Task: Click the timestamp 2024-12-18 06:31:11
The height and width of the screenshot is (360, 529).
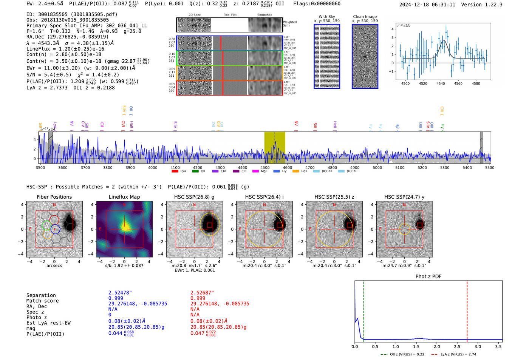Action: tap(427, 5)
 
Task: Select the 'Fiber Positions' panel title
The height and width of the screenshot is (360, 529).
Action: tap(54, 197)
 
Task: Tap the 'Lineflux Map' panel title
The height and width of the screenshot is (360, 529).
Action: tap(124, 197)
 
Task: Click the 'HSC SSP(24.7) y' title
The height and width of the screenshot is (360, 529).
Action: tap(404, 197)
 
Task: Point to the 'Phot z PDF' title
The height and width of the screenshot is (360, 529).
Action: tap(428, 277)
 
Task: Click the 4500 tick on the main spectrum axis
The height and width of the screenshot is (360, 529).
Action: tap(265, 167)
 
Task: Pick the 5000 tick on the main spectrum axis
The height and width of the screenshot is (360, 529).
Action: tap(377, 167)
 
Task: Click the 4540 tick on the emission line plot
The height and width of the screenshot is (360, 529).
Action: tap(441, 83)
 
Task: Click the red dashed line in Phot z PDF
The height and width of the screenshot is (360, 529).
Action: tap(467, 310)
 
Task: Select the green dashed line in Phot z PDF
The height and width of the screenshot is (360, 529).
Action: tap(363, 310)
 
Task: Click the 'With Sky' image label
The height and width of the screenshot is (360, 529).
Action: tap(327, 17)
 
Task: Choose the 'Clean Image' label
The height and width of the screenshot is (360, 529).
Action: tap(365, 17)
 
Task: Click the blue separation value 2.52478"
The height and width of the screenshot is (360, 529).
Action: tap(120, 293)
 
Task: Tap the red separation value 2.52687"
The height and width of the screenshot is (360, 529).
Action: tap(202, 293)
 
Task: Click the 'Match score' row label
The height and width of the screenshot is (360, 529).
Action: tap(42, 301)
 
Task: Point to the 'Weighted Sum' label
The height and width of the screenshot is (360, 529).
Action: tap(290, 23)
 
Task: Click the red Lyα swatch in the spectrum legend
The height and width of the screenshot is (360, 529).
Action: tap(175, 171)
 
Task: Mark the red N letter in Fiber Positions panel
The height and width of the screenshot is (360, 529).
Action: tap(54, 205)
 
